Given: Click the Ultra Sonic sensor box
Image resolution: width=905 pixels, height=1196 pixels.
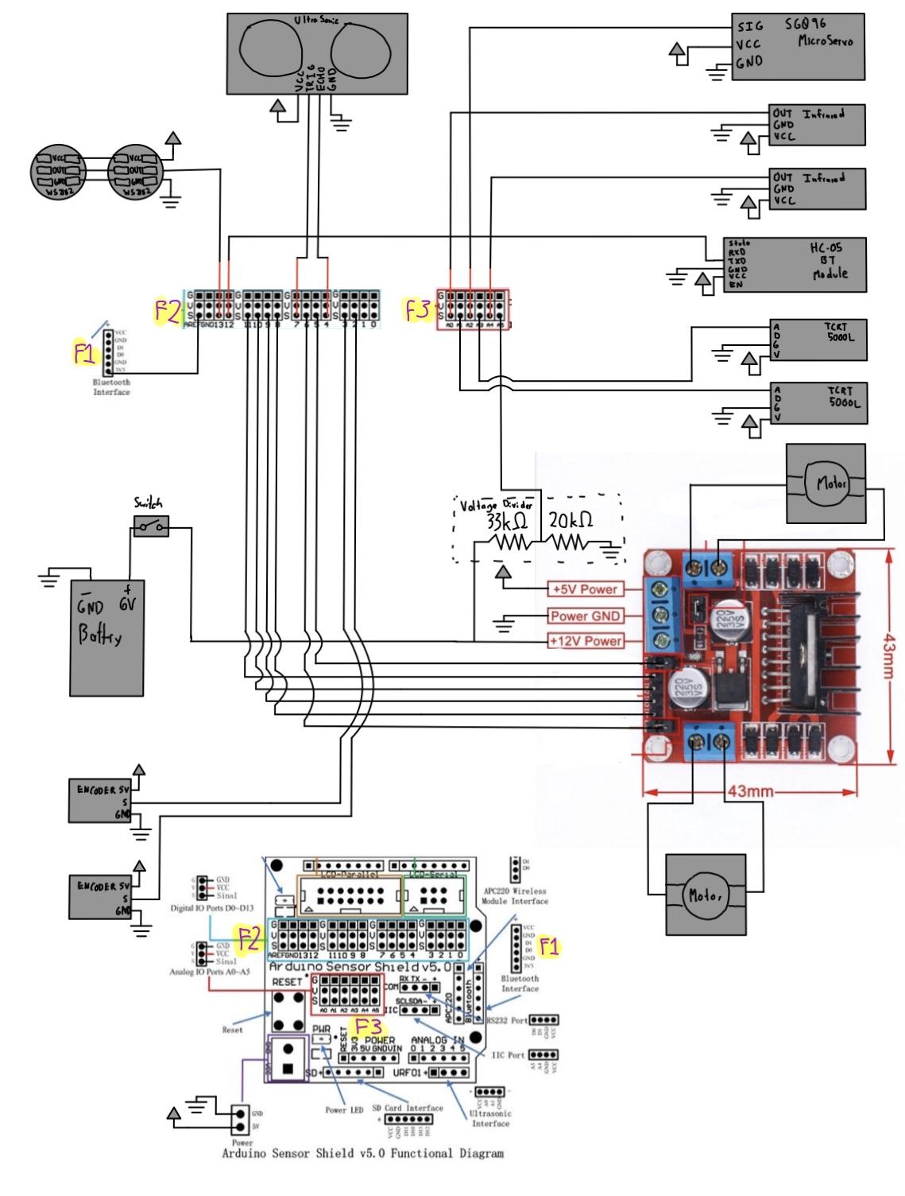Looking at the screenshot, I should (x=317, y=52).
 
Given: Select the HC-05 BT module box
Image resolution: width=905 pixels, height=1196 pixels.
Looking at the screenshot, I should (x=795, y=265).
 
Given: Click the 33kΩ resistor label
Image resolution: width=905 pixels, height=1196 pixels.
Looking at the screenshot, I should (x=508, y=522).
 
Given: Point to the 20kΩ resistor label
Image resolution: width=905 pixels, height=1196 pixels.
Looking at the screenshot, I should (x=570, y=521).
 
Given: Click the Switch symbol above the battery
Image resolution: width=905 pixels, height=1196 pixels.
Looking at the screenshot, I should (x=151, y=525).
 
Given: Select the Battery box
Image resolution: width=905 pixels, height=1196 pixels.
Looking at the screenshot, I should (x=108, y=636).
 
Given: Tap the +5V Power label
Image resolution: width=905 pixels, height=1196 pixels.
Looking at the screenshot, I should (x=585, y=589).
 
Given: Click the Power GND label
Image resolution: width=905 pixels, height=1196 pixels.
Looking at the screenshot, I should (x=585, y=615).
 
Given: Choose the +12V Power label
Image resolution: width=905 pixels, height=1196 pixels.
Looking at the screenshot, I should (x=585, y=641).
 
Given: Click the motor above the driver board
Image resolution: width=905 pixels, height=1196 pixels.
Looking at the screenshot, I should (x=826, y=483).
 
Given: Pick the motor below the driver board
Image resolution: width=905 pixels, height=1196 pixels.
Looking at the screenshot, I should (x=706, y=895).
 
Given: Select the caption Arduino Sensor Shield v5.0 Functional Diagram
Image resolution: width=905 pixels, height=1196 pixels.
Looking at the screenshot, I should (x=362, y=1153).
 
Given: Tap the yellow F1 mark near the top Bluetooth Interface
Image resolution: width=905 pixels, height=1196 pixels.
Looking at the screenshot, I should (x=85, y=354).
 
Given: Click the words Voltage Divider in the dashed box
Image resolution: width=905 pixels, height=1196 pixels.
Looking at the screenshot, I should (x=497, y=504).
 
